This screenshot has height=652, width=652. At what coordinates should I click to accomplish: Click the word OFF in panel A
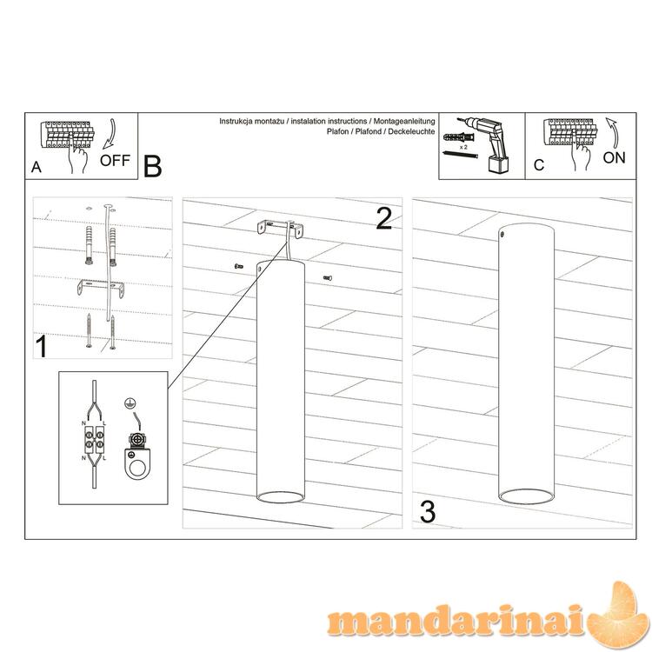tap(115, 160)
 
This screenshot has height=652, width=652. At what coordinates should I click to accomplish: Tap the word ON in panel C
tap(614, 157)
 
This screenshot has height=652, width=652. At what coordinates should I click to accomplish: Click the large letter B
tap(152, 166)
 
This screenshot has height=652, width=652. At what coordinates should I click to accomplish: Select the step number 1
tap(42, 346)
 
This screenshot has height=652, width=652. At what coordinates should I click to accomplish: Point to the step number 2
tap(383, 218)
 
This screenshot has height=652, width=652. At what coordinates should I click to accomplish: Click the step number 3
tap(428, 512)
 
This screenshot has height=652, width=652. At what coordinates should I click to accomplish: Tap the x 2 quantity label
tap(463, 147)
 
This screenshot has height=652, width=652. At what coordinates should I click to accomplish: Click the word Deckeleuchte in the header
tap(412, 131)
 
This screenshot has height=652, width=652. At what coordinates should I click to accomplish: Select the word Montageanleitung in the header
tap(404, 122)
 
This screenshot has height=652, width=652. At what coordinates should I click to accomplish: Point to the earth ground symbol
tap(130, 403)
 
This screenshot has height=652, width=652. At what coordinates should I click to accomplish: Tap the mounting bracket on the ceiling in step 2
tap(279, 230)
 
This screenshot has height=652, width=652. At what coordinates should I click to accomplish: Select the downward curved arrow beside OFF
tap(110, 134)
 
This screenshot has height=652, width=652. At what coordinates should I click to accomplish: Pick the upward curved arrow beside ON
tap(613, 133)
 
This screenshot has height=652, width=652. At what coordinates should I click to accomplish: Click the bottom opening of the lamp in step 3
tap(526, 496)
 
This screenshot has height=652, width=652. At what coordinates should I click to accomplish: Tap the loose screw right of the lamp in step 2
tap(328, 278)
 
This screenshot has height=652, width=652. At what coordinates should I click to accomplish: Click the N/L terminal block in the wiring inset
tap(94, 441)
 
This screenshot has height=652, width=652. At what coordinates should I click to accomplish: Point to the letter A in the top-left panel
tap(37, 167)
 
